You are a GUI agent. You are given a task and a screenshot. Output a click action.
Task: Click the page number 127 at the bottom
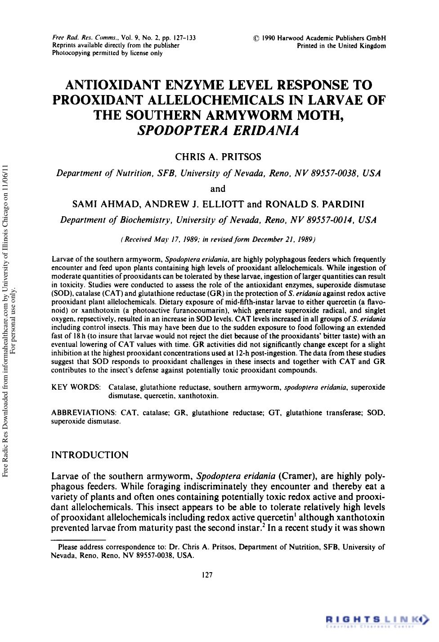point(207,574)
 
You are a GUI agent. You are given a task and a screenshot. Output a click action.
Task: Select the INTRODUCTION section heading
point(90,455)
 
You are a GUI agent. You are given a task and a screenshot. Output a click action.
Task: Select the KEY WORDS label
point(76,387)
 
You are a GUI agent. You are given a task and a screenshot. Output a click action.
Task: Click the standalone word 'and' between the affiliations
point(218,188)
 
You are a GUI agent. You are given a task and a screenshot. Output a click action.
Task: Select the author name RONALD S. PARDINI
point(315,204)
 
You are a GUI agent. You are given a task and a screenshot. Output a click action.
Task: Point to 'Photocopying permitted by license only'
point(107,53)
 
